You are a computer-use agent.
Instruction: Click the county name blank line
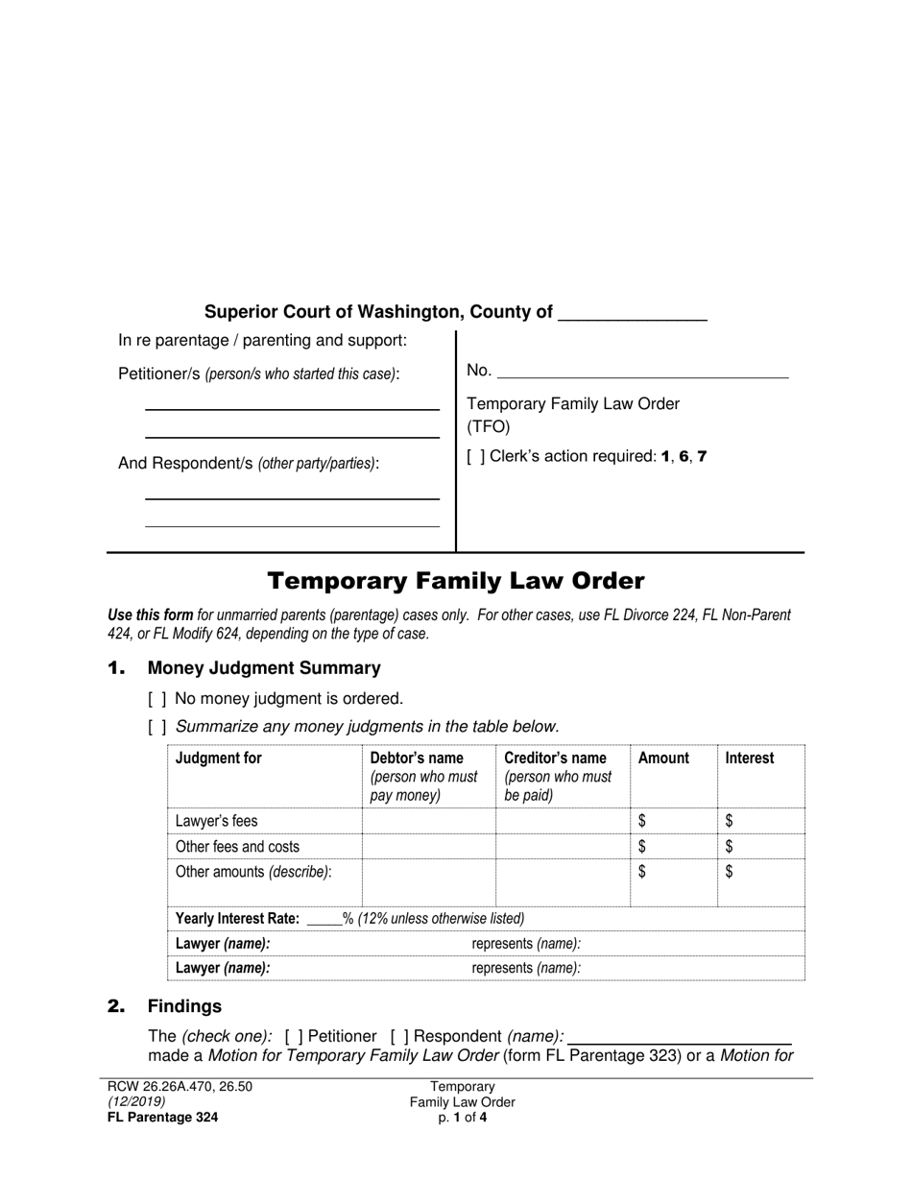(632, 314)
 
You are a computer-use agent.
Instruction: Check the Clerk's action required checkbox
(476, 457)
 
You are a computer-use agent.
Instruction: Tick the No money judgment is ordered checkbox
(157, 699)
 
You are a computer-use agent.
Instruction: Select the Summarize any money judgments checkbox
(157, 727)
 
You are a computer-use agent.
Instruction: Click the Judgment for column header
(219, 759)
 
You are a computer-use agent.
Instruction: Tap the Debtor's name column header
(417, 759)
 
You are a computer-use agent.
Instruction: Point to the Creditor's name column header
(555, 759)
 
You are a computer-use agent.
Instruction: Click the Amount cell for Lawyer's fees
(674, 821)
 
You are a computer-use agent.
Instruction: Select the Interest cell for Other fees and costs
(760, 847)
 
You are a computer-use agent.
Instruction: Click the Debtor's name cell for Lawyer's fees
(428, 821)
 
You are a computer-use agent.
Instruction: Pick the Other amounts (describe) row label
(253, 872)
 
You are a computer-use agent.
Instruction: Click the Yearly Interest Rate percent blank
(324, 919)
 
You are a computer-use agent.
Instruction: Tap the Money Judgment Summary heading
(264, 668)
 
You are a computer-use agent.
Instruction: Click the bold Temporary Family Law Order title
(455, 581)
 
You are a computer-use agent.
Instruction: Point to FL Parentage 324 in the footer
(162, 1117)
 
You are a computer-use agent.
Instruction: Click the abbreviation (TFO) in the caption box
(489, 427)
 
